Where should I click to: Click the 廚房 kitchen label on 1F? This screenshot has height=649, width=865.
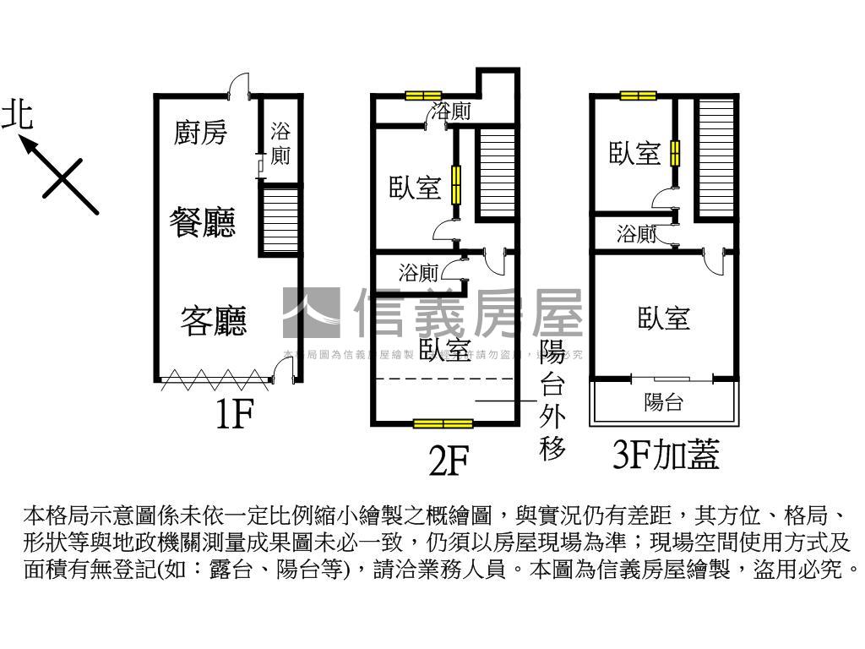click(200, 133)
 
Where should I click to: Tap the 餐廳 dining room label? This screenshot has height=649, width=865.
click(203, 223)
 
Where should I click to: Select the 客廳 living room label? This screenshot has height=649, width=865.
click(213, 321)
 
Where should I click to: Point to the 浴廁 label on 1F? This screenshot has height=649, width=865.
click(280, 144)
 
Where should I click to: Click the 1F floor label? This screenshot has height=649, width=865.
click(233, 415)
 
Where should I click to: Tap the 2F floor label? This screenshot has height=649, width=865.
click(448, 461)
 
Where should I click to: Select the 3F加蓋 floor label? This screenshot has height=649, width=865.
click(665, 455)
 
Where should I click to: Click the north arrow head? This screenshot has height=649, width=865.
click(28, 145)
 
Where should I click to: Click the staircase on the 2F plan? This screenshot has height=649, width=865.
click(497, 172)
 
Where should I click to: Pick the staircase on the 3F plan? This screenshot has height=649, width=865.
click(716, 158)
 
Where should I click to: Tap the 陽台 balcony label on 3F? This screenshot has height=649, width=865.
click(663, 402)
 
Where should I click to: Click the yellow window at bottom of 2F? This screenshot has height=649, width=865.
click(443, 423)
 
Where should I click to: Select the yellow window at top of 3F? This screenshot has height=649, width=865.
click(639, 95)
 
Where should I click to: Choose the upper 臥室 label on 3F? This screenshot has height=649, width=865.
click(634, 154)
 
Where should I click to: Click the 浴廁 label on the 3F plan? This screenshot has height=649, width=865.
click(636, 234)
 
